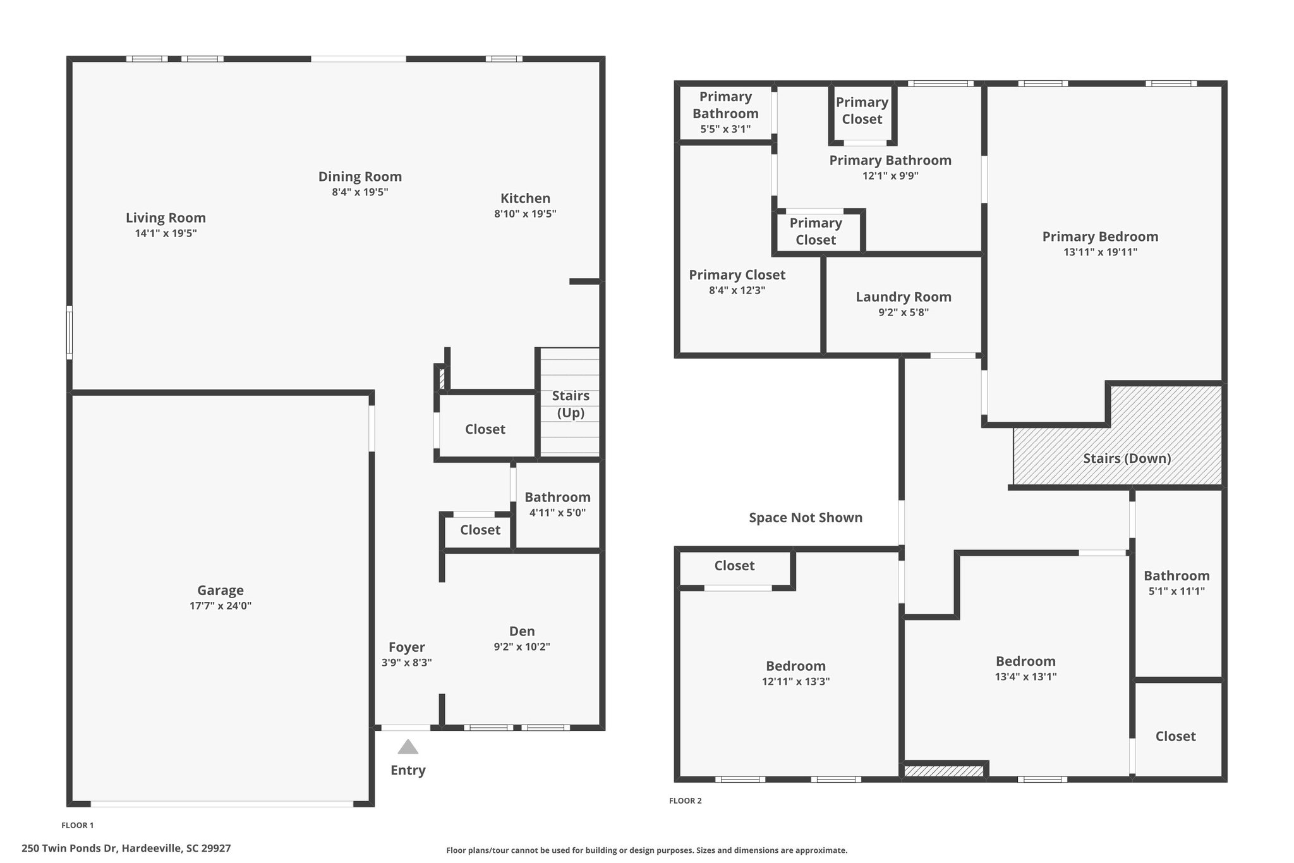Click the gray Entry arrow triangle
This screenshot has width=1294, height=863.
click(x=408, y=747)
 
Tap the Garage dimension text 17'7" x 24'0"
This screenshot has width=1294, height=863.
click(x=221, y=606)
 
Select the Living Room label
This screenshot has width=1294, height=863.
click(x=166, y=217)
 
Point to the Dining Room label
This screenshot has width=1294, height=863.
click(x=360, y=176)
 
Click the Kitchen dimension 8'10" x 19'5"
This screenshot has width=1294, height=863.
click(x=525, y=214)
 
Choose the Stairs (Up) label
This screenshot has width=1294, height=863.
click(x=571, y=404)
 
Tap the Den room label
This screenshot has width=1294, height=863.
click(x=522, y=631)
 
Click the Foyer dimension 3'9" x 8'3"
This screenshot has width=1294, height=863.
click(x=407, y=663)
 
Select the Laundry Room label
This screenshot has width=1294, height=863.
click(x=904, y=297)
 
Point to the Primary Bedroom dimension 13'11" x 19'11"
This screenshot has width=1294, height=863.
click(x=1101, y=252)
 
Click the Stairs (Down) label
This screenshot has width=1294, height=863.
click(x=1127, y=458)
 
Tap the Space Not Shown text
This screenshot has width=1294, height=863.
click(x=806, y=517)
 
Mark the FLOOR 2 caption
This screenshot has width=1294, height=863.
click(x=686, y=801)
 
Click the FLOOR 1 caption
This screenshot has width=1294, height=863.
click(x=78, y=825)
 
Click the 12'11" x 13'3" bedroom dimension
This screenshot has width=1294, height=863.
click(x=796, y=682)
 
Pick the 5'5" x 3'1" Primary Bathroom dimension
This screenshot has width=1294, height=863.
click(x=725, y=130)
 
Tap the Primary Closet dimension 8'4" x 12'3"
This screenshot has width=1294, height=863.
click(x=737, y=291)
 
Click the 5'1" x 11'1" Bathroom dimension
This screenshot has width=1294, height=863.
click(x=1176, y=591)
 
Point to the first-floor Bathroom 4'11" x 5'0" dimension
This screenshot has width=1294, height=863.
click(x=557, y=513)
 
